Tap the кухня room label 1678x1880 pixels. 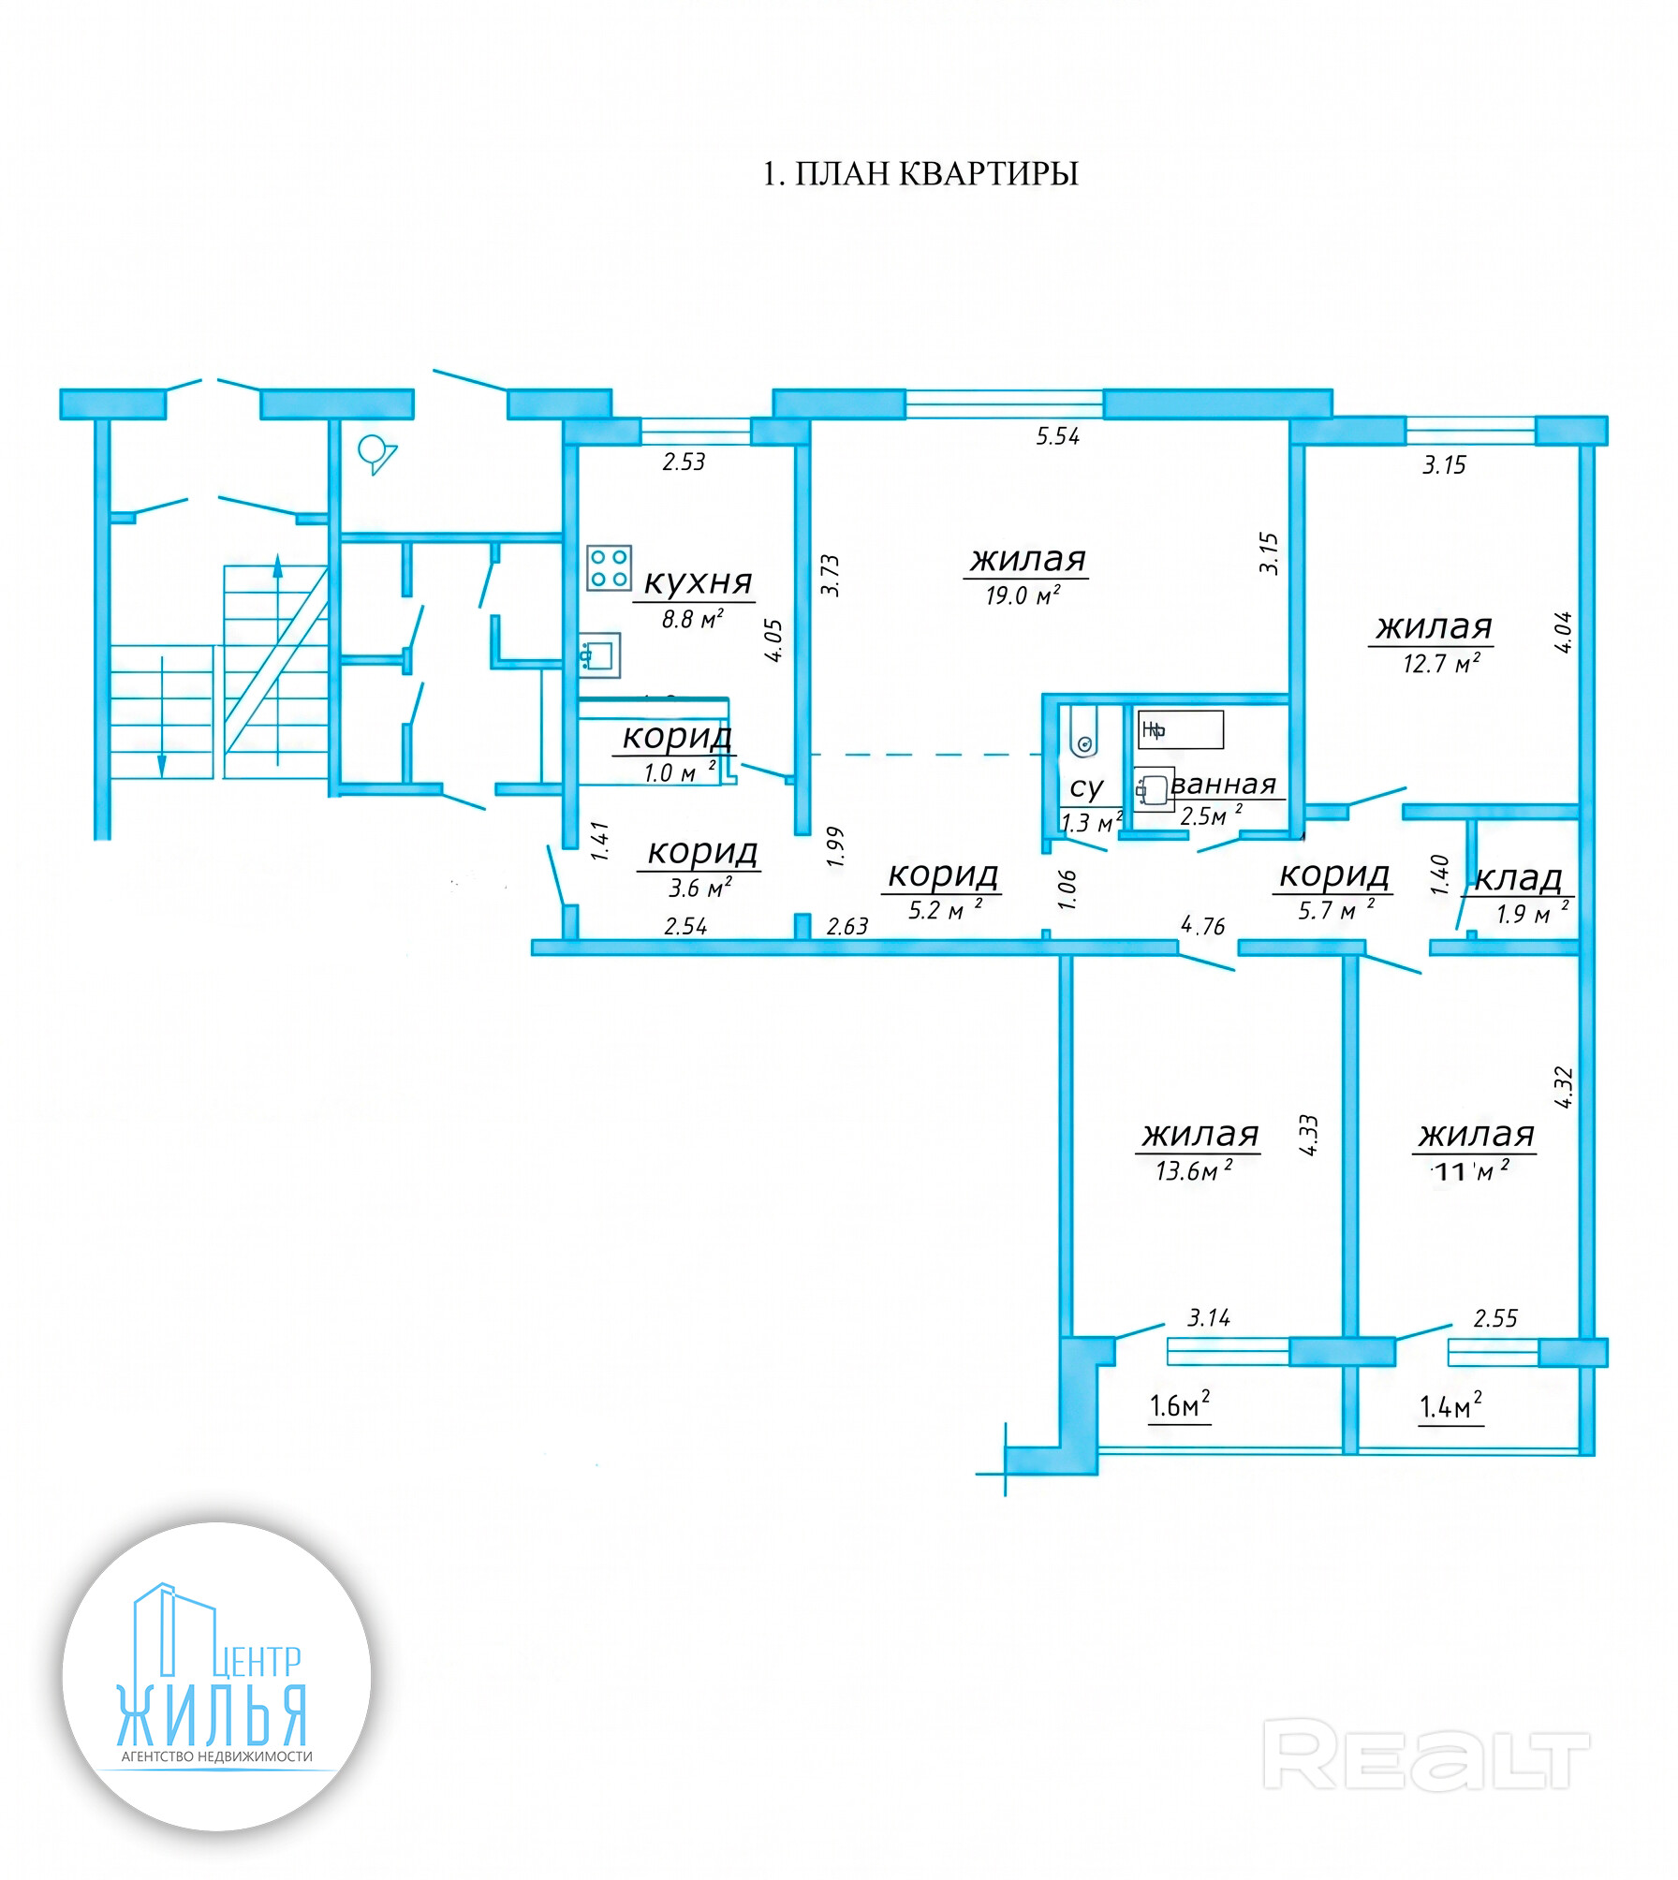[x=699, y=581]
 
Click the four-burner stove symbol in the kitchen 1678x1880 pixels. [x=609, y=568]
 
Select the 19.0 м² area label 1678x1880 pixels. [x=1023, y=595]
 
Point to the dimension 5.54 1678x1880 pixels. [x=1058, y=436]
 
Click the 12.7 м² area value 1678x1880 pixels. [x=1441, y=663]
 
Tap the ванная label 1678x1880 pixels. [x=1223, y=784]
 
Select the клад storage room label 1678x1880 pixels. [x=1518, y=878]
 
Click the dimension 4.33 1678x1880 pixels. [x=1308, y=1135]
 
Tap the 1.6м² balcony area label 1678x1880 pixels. [x=1180, y=1404]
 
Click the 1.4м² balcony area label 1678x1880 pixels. [x=1450, y=1404]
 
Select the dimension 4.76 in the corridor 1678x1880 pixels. [x=1203, y=926]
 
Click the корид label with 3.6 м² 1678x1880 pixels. [x=702, y=852]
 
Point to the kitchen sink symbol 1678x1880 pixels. [x=598, y=655]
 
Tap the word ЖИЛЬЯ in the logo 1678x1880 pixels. [x=212, y=1715]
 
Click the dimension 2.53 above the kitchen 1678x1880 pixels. [x=684, y=462]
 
